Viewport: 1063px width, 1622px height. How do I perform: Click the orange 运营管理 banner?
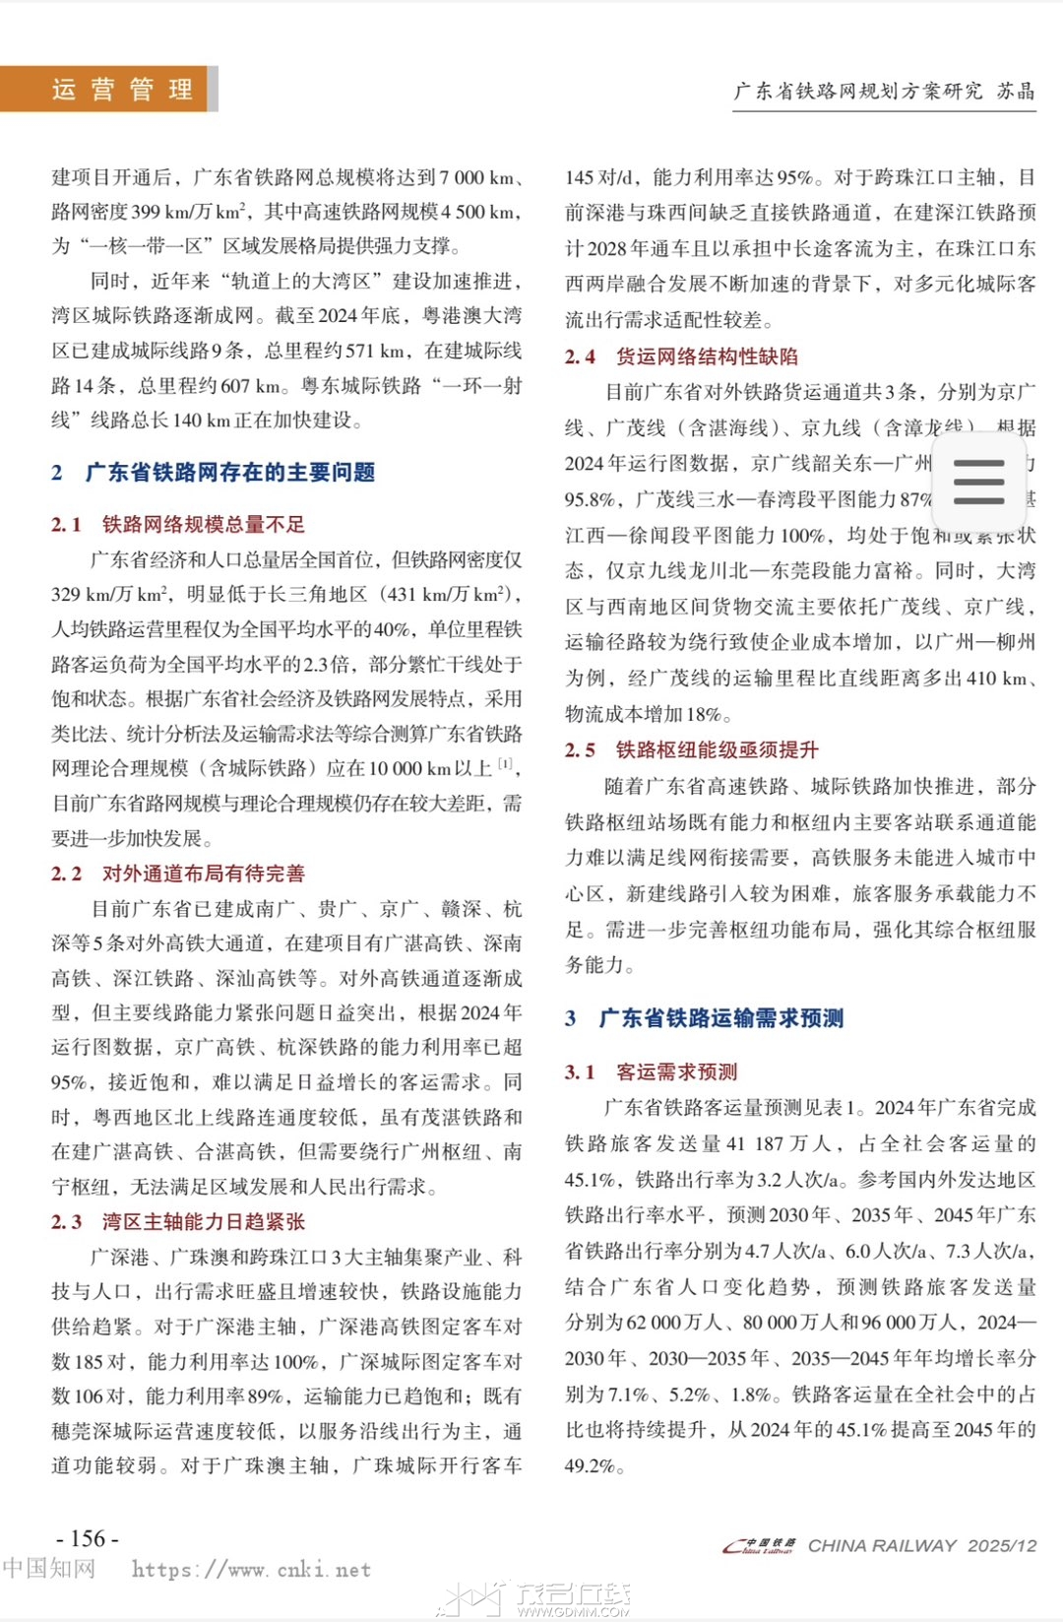(x=108, y=90)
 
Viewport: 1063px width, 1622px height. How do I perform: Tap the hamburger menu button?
(x=978, y=482)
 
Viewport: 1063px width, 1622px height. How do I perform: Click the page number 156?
(x=88, y=1538)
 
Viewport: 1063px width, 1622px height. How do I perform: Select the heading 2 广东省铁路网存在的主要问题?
(x=214, y=473)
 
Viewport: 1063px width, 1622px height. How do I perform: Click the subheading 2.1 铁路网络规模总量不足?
(x=178, y=524)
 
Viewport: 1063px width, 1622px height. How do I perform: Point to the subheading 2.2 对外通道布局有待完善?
(x=178, y=874)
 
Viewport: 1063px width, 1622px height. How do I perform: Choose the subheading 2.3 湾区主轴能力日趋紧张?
(x=178, y=1222)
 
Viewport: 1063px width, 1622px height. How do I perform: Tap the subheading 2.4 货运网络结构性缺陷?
(x=681, y=357)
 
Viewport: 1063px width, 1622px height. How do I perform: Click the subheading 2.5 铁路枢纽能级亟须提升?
(x=691, y=750)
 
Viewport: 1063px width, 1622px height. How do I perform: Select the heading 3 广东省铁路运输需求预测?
(x=704, y=1018)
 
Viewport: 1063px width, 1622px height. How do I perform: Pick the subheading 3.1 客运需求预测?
(x=651, y=1071)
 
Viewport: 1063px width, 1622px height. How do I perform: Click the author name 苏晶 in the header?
(x=1016, y=92)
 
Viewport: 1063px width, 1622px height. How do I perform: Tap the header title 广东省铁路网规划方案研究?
(x=857, y=92)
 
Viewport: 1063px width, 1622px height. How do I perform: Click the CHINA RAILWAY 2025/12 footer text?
(x=922, y=1546)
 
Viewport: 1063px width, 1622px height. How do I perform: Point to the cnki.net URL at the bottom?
(x=251, y=1570)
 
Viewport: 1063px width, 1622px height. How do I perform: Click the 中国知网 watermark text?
(x=49, y=1568)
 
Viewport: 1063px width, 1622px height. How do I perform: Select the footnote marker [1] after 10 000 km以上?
(x=505, y=764)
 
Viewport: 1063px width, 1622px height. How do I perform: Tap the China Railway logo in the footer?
(x=759, y=1546)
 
